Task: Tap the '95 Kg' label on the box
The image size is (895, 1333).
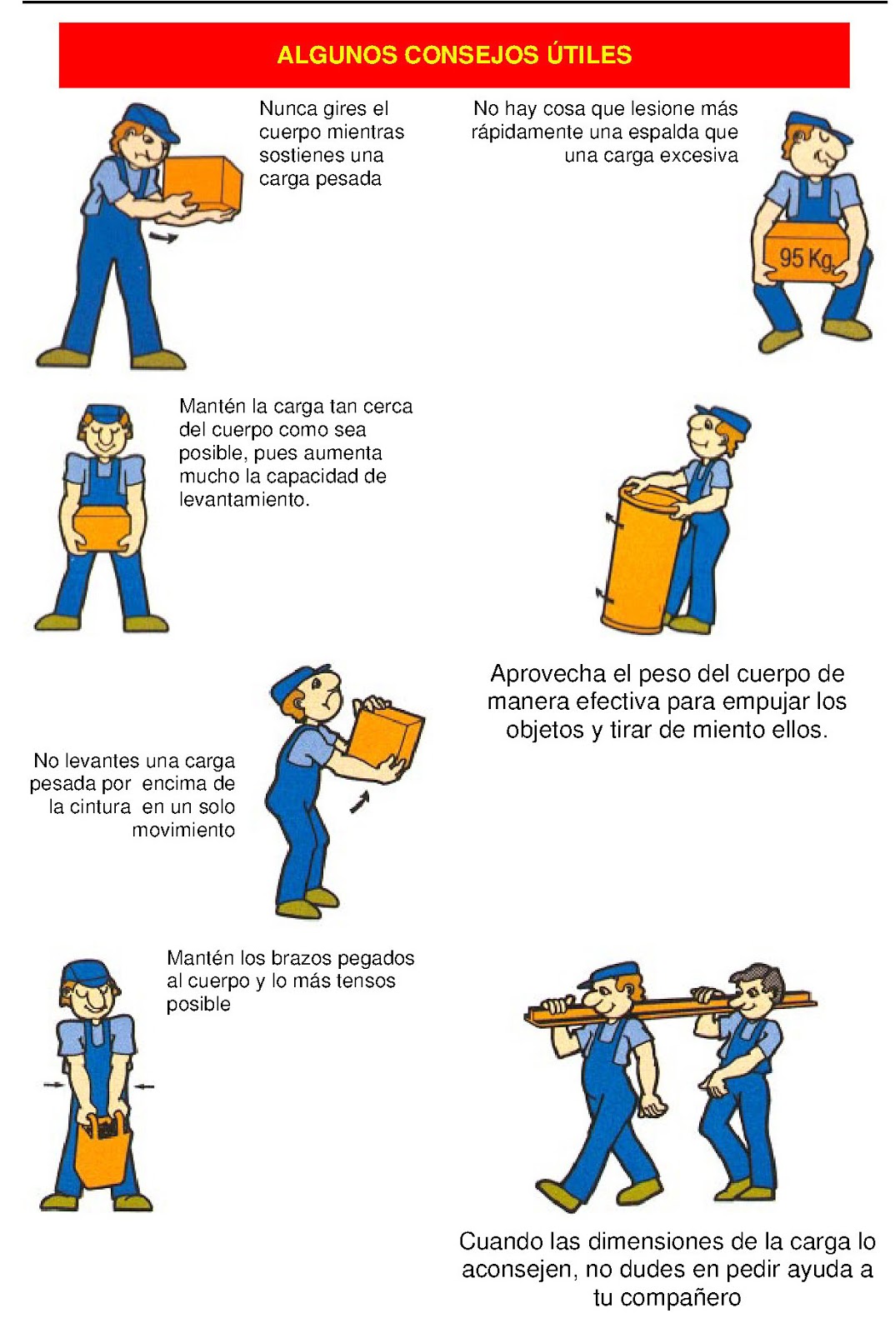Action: pos(805,258)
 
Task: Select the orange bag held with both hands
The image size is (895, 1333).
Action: pos(102,1154)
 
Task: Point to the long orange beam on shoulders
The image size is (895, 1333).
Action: pos(667,1002)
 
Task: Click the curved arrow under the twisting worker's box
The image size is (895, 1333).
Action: pos(163,238)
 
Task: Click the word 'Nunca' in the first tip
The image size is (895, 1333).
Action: pos(287,109)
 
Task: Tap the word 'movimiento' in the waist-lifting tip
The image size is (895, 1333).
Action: pos(183,830)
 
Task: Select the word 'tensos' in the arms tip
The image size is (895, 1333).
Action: pos(367,981)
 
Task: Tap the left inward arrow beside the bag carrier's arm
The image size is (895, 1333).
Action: pos(52,1084)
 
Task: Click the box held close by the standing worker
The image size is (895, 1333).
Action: pos(102,527)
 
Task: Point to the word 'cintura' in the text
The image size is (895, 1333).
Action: pos(100,806)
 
